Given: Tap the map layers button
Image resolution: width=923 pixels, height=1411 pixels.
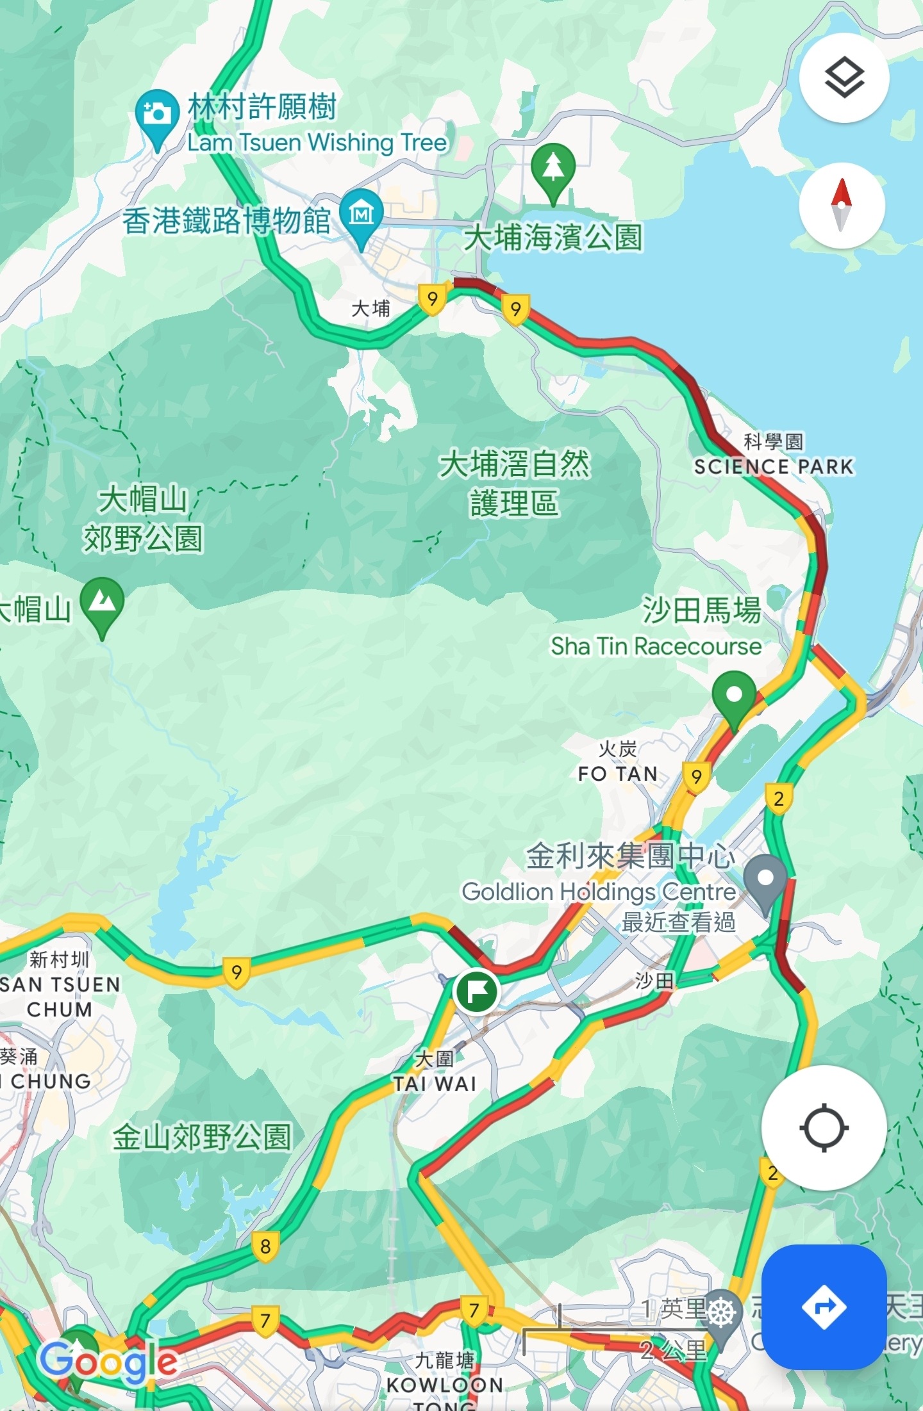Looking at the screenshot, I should click(844, 78).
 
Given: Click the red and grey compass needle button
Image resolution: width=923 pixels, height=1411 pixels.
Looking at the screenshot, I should click(842, 206).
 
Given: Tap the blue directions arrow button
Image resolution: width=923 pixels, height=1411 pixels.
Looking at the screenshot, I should click(824, 1306).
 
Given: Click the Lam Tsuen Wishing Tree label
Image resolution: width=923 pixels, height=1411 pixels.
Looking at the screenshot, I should click(317, 142).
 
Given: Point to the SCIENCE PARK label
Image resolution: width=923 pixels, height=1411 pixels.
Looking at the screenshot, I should click(774, 466).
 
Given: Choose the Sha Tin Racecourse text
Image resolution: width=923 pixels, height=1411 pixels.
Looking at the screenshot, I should click(656, 646).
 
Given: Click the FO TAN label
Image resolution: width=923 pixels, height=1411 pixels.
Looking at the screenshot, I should click(618, 774).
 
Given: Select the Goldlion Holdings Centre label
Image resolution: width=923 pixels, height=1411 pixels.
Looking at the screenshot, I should click(599, 892).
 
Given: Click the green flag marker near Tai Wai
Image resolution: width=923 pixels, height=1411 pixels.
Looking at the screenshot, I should click(476, 991).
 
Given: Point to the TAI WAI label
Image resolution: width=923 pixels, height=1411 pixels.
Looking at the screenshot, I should click(435, 1084).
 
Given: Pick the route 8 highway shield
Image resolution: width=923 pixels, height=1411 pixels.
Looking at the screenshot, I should click(265, 1246).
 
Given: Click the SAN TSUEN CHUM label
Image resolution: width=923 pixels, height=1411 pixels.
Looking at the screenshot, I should click(60, 997).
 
